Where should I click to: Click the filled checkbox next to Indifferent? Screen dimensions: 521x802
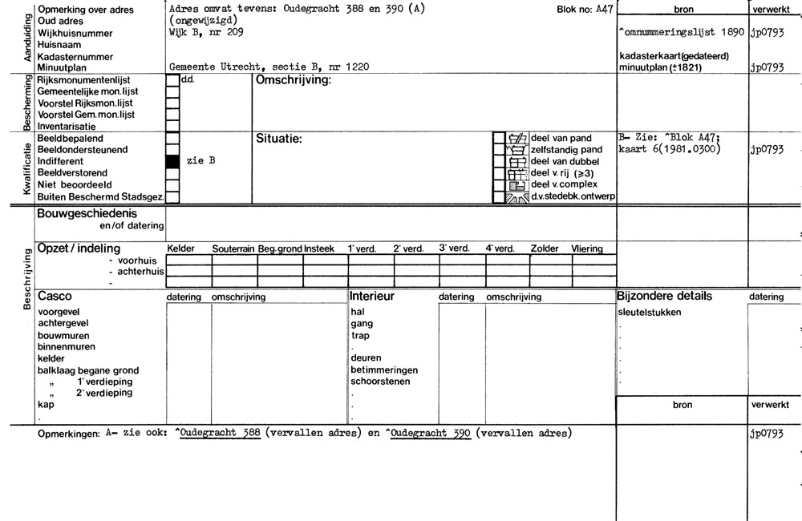(172, 161)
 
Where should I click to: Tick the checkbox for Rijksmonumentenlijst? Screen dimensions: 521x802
(172, 80)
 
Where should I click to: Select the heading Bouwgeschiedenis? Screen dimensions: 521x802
(87, 214)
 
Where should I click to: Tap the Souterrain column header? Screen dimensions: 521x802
(233, 249)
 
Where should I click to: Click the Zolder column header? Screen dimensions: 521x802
(545, 249)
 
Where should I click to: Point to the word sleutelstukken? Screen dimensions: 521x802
(650, 312)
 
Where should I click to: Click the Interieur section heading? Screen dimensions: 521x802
(373, 297)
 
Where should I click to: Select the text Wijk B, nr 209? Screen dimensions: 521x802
(204, 33)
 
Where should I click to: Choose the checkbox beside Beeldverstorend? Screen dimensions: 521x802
(172, 172)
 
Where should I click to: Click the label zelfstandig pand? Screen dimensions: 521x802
(566, 150)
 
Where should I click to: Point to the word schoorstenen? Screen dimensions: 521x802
(380, 382)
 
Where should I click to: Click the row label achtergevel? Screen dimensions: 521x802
(64, 324)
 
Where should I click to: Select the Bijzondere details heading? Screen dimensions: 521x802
(664, 297)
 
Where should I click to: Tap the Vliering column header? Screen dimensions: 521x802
(586, 249)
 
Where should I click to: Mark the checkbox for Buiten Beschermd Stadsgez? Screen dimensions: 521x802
(172, 196)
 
